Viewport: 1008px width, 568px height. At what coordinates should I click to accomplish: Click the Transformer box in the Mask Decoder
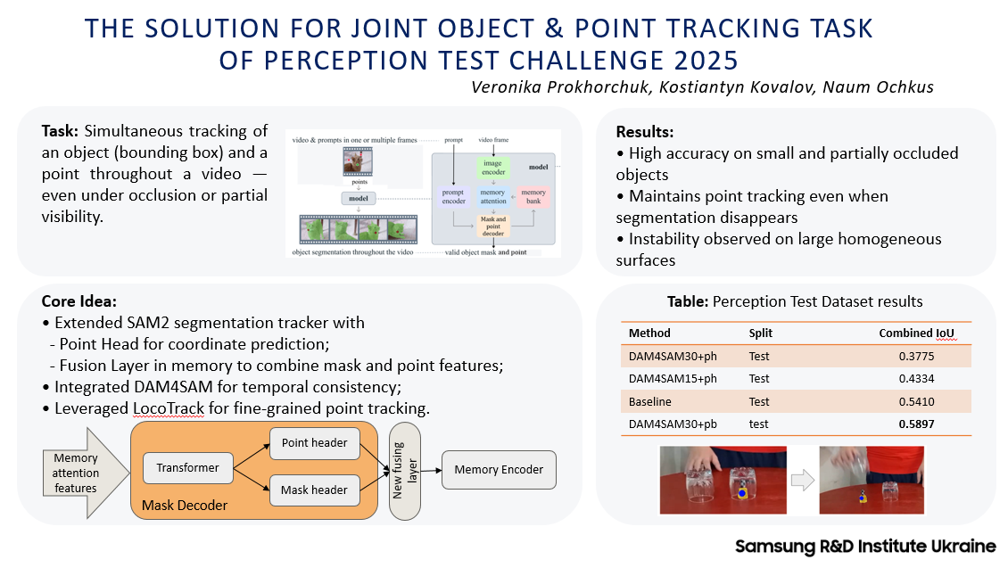pyautogui.click(x=187, y=466)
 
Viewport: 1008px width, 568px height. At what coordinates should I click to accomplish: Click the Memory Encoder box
pyautogui.click(x=499, y=469)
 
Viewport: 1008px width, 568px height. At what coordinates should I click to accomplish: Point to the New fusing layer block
pyautogui.click(x=405, y=470)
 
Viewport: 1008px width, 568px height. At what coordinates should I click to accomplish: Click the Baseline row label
pyautogui.click(x=651, y=401)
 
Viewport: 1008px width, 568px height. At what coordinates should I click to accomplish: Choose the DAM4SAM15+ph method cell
pyautogui.click(x=673, y=378)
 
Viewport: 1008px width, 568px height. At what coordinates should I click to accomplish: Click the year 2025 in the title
pyautogui.click(x=698, y=61)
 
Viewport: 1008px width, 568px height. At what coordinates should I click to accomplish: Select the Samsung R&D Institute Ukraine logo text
pyautogui.click(x=864, y=546)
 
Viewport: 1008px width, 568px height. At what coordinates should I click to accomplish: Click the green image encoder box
pyautogui.click(x=492, y=168)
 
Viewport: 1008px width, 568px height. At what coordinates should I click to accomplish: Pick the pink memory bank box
pyautogui.click(x=533, y=197)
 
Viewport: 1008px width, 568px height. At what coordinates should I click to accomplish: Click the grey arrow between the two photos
pyautogui.click(x=804, y=481)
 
